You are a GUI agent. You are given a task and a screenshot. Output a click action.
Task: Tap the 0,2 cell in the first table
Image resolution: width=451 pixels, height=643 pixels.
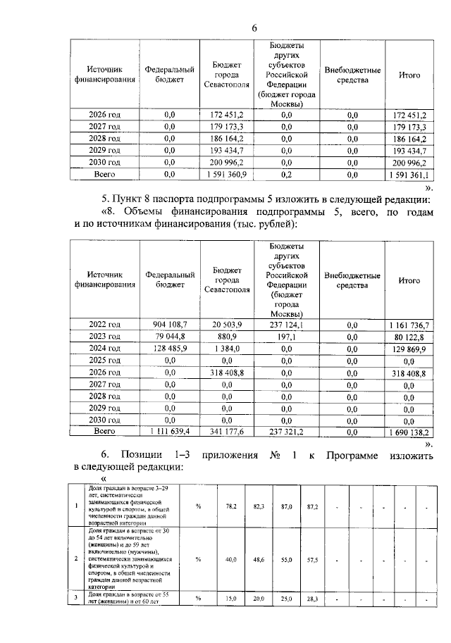coord(286,172)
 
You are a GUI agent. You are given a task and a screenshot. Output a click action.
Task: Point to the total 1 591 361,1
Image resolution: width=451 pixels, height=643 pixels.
coord(409,173)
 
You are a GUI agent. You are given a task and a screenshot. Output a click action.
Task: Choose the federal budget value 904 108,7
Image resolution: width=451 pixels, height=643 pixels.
coord(170,324)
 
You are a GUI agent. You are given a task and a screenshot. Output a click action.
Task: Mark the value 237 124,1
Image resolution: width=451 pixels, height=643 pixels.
coord(286,324)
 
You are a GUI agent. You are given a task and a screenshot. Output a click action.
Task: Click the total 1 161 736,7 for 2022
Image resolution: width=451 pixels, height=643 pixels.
coord(409,324)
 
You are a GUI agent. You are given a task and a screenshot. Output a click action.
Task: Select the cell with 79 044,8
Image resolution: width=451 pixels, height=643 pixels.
coord(170,336)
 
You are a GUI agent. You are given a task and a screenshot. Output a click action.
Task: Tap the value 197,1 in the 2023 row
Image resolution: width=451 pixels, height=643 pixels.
coord(286,336)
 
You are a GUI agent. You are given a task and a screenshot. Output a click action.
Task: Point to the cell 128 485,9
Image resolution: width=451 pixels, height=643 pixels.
coord(170,348)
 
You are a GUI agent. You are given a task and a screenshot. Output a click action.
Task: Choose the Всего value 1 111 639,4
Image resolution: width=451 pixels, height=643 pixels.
coord(170,431)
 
